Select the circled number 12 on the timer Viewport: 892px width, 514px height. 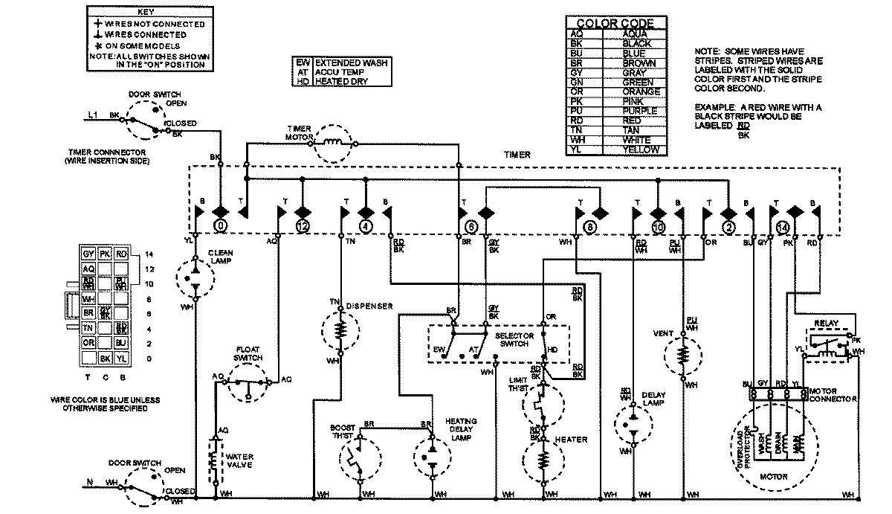pyautogui.click(x=302, y=225)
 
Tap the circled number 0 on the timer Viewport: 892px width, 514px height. pyautogui.click(x=220, y=225)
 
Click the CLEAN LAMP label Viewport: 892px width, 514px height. pyautogui.click(x=221, y=257)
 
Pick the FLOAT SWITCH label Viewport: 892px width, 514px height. pyautogui.click(x=248, y=353)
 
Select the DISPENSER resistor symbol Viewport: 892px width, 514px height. pyautogui.click(x=339, y=328)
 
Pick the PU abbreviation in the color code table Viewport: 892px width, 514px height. pyautogui.click(x=576, y=111)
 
